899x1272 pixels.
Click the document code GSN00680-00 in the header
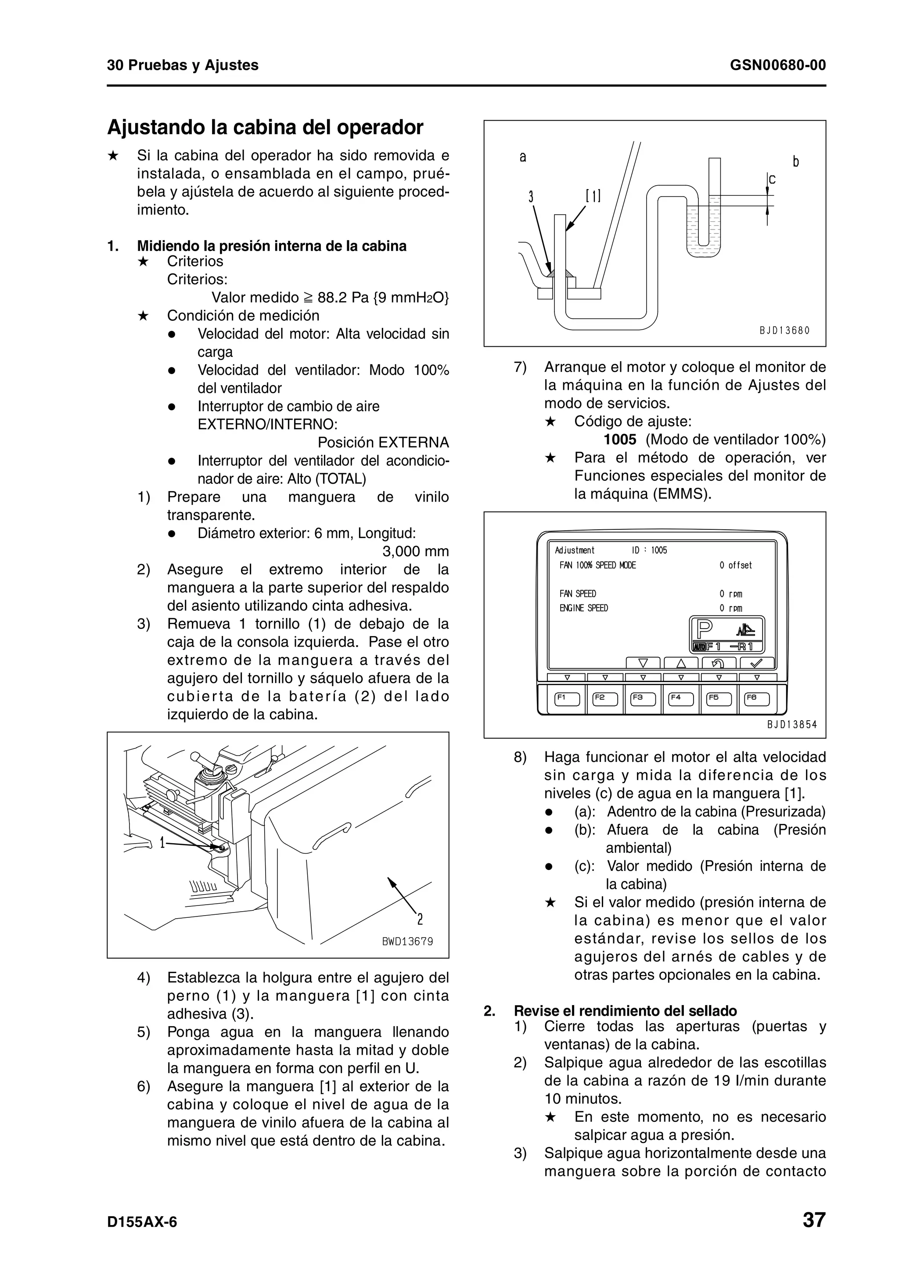[x=778, y=65]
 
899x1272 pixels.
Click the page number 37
[x=814, y=1219]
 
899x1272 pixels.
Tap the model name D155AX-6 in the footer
[x=142, y=1222]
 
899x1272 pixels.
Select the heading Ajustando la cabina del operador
[x=265, y=127]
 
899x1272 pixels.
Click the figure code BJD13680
[x=784, y=331]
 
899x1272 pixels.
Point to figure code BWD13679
[x=407, y=941]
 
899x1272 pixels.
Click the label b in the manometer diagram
[x=795, y=162]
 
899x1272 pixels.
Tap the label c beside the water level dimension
[x=772, y=180]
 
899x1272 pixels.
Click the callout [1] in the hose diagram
[x=593, y=196]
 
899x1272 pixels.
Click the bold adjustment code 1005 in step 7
[x=620, y=440]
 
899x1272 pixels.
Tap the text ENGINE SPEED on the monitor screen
[x=583, y=608]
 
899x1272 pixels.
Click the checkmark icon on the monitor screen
[x=757, y=663]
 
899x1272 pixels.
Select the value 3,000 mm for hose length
[x=415, y=552]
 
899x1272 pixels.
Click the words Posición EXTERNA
[x=383, y=442]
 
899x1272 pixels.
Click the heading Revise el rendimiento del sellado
[x=626, y=1011]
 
